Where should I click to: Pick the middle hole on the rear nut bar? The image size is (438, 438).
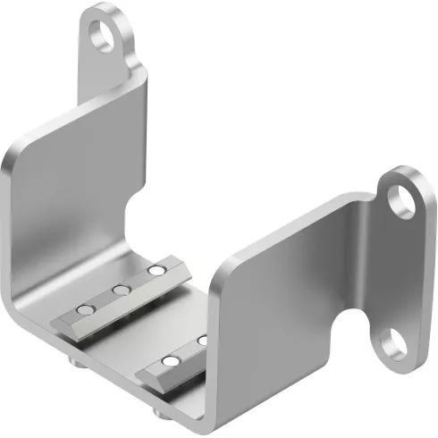tap(118, 290)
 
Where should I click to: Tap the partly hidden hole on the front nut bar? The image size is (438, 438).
tap(202, 341)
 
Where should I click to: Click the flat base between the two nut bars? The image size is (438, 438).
tap(143, 326)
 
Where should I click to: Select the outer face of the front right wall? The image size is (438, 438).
tap(277, 313)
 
